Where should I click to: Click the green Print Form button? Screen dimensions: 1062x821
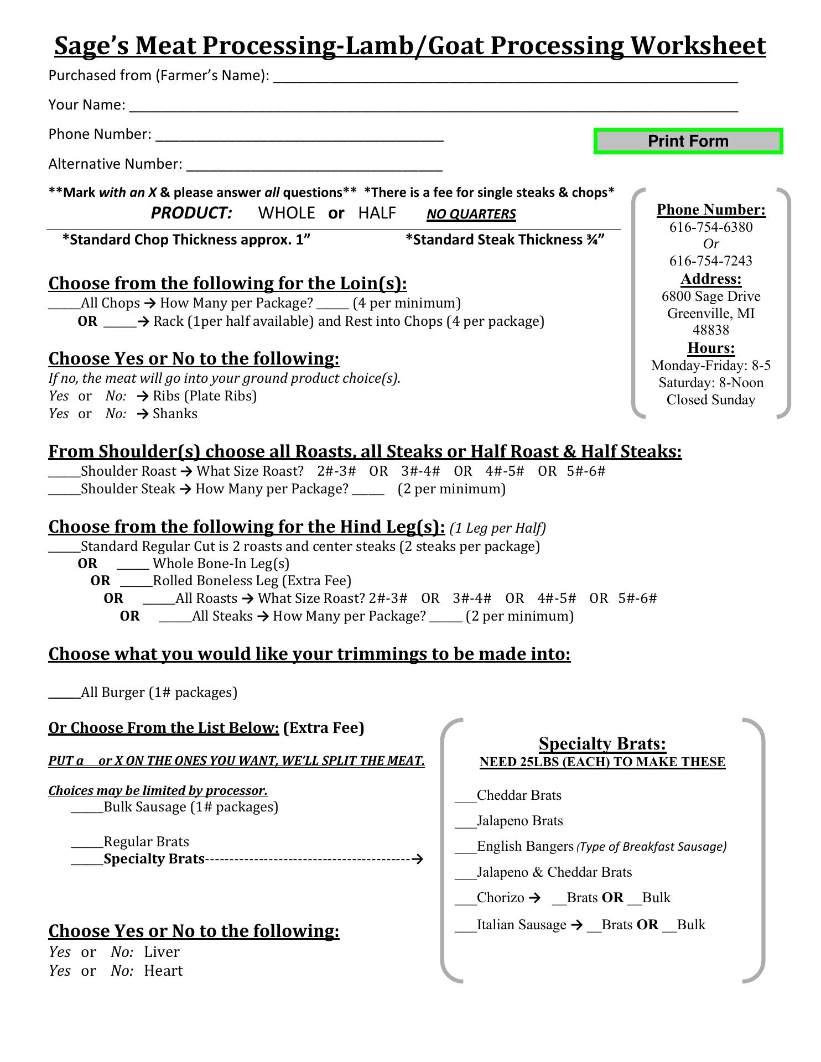click(x=688, y=141)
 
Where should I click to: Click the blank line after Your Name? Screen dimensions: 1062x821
click(x=433, y=107)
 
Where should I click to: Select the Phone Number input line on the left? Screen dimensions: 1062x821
click(x=299, y=136)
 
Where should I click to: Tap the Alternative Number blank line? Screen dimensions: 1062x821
click(x=314, y=166)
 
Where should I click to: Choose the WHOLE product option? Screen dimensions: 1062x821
click(x=286, y=213)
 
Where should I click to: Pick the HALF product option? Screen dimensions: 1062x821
click(x=377, y=213)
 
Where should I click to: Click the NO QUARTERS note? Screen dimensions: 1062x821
click(x=471, y=214)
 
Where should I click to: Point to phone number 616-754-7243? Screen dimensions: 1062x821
click(x=710, y=261)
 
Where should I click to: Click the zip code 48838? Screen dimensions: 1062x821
click(x=710, y=330)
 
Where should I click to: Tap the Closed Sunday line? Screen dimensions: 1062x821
click(x=710, y=400)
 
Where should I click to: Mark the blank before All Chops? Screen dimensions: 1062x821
click(x=64, y=305)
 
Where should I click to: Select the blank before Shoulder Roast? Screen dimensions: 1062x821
click(x=64, y=473)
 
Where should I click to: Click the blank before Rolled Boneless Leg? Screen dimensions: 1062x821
click(x=136, y=583)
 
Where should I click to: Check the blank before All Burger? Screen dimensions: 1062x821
click(x=64, y=695)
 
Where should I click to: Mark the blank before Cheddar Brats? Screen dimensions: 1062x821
click(x=465, y=798)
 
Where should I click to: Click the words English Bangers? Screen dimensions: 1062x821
click(x=524, y=846)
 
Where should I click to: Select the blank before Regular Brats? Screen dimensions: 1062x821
click(x=87, y=844)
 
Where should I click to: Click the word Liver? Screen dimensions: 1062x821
click(x=162, y=952)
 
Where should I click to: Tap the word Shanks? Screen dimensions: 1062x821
click(x=175, y=414)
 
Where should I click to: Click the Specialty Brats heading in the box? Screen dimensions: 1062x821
click(x=602, y=743)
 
